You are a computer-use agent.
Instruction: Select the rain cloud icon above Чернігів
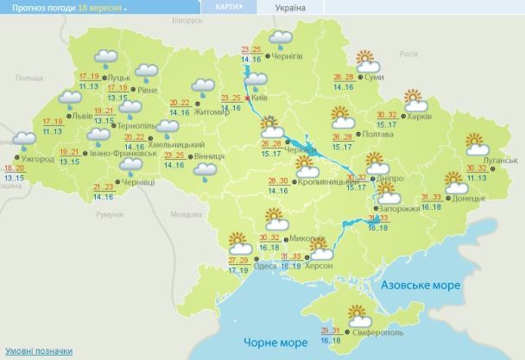click(x=281, y=38)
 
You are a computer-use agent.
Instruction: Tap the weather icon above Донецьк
click(x=455, y=181)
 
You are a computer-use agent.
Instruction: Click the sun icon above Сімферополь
click(x=357, y=313)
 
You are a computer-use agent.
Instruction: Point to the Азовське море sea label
click(x=417, y=284)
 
